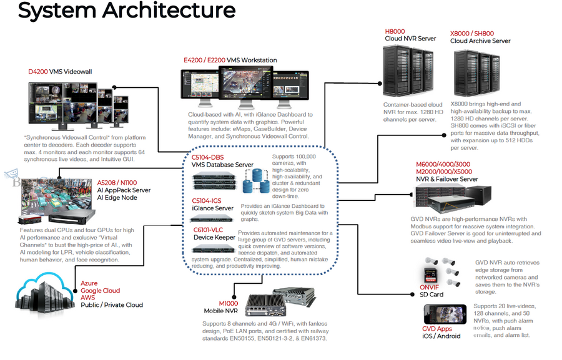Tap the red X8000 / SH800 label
click(x=472, y=33)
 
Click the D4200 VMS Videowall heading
click(x=60, y=72)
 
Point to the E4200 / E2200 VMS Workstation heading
click(x=230, y=60)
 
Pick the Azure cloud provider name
click(x=89, y=283)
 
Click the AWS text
click(x=89, y=298)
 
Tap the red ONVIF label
click(x=430, y=288)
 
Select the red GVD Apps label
click(x=437, y=328)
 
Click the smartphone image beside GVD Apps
click(x=445, y=314)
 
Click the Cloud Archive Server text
click(x=480, y=41)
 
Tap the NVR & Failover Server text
click(x=446, y=179)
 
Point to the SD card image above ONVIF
click(x=430, y=275)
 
